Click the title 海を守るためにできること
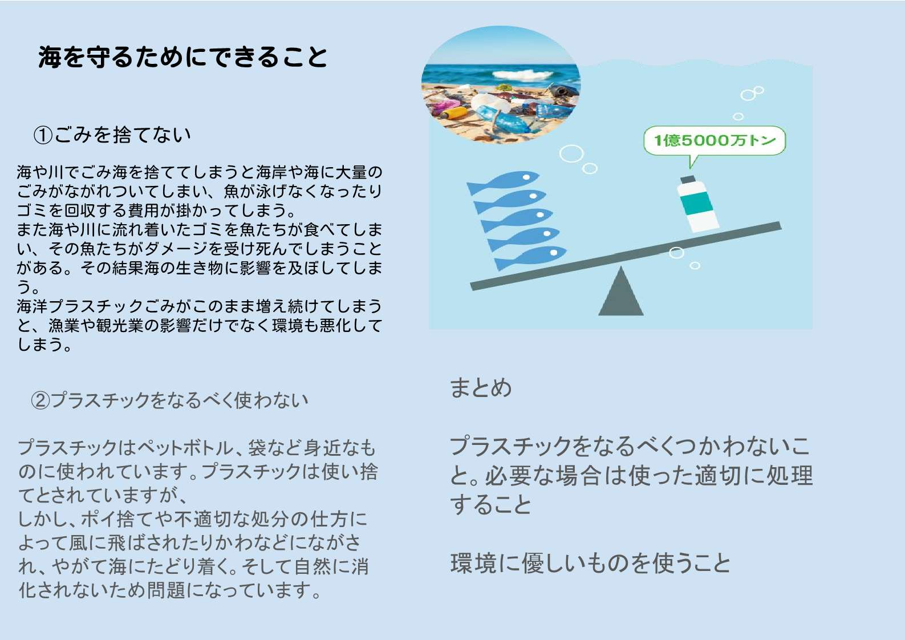click(x=182, y=56)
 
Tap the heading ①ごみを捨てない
click(x=112, y=135)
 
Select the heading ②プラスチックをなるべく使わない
click(x=170, y=400)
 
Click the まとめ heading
click(x=481, y=387)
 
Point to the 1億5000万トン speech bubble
click(x=715, y=140)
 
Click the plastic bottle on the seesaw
click(x=698, y=204)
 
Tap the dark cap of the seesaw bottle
click(x=688, y=179)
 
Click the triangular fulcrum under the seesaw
click(x=621, y=291)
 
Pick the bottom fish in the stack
click(x=531, y=257)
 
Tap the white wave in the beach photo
click(x=522, y=74)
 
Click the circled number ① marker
click(x=43, y=135)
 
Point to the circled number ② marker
click(x=40, y=400)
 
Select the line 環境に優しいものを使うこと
click(x=590, y=563)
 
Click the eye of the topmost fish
click(x=526, y=177)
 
